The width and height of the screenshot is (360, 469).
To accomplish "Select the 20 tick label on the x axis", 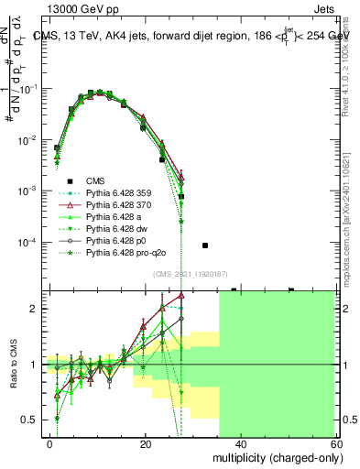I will click(145, 443).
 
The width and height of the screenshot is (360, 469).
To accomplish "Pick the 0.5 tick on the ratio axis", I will click(34, 420).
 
